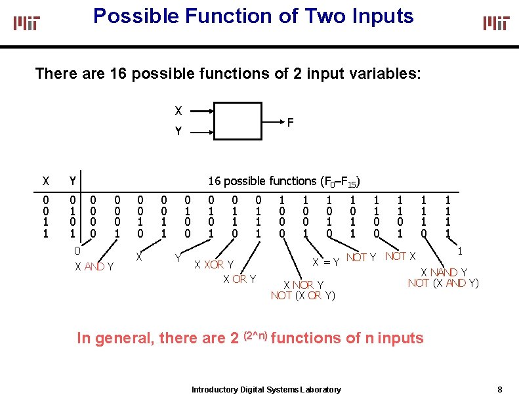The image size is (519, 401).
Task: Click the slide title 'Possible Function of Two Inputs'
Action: [x=253, y=16]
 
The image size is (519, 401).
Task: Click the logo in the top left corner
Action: [x=27, y=23]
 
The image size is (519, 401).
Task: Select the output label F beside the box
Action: [x=290, y=121]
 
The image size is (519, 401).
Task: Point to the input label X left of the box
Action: [x=178, y=110]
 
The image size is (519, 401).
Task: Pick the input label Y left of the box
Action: [x=178, y=132]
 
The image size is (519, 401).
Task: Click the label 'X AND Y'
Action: [x=94, y=266]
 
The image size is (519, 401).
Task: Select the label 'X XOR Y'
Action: [x=215, y=265]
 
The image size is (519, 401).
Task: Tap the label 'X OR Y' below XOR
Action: [x=239, y=280]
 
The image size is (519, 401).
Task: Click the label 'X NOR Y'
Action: [x=303, y=285]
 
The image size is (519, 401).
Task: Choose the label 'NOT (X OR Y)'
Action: [x=303, y=295]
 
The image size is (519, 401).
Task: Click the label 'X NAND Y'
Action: [x=444, y=272]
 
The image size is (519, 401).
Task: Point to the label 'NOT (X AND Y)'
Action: [x=444, y=284]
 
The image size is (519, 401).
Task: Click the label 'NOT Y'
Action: [x=361, y=257]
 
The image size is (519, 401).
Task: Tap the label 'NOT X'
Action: [x=400, y=256]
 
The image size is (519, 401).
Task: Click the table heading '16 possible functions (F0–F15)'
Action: [x=285, y=181]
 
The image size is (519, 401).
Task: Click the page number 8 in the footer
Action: [x=500, y=389]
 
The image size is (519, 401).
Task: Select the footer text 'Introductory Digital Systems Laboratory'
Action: [x=266, y=390]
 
